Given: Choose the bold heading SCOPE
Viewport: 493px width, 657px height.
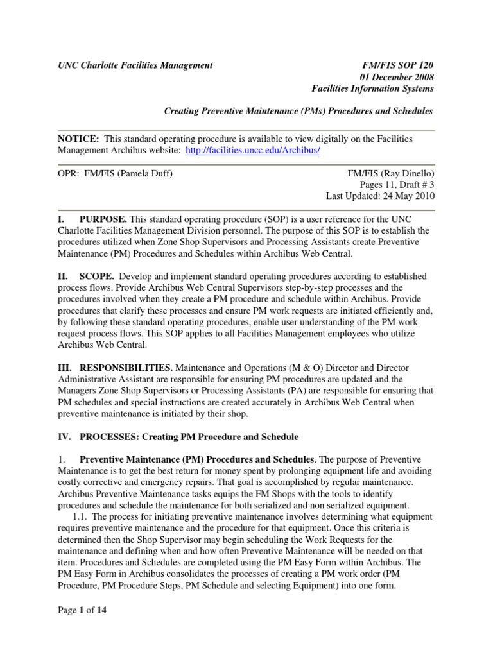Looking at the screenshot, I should pyautogui.click(x=98, y=276).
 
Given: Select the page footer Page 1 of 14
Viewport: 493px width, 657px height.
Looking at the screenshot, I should pyautogui.click(x=82, y=610).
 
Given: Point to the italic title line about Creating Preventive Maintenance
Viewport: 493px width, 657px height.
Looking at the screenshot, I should pyautogui.click(x=298, y=111).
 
